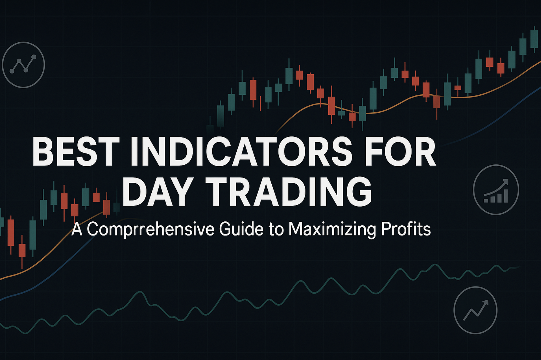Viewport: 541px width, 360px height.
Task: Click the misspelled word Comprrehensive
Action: [151, 230]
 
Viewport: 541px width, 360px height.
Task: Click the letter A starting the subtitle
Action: [77, 229]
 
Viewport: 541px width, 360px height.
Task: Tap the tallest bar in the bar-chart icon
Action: [506, 196]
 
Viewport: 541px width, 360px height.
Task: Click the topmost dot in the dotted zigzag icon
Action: [34, 57]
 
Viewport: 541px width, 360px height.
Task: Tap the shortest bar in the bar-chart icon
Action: [486, 201]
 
